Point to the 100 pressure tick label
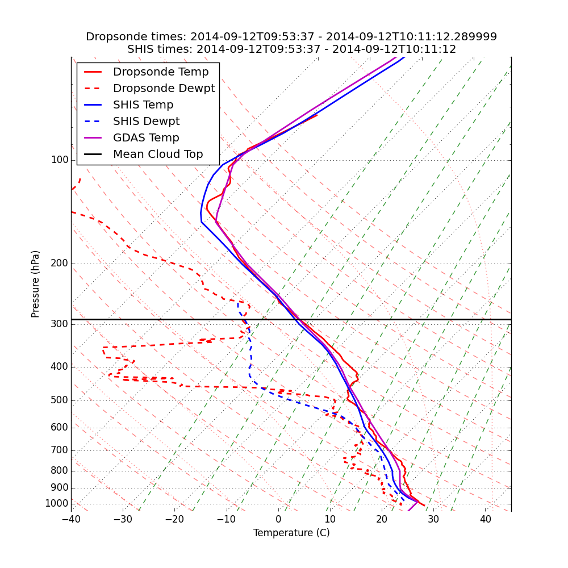[x=60, y=160]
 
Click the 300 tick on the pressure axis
[x=60, y=324]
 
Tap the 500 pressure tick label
[x=60, y=400]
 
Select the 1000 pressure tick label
[x=57, y=504]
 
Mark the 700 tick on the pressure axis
[x=60, y=450]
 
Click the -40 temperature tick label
[x=71, y=519]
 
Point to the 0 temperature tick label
[x=278, y=519]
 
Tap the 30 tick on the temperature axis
[x=433, y=519]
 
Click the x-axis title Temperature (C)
[x=291, y=533]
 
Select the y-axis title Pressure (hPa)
[x=36, y=284]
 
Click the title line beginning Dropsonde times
[x=291, y=37]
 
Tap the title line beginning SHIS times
[x=291, y=49]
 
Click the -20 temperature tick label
[x=174, y=519]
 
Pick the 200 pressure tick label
[x=60, y=264]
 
